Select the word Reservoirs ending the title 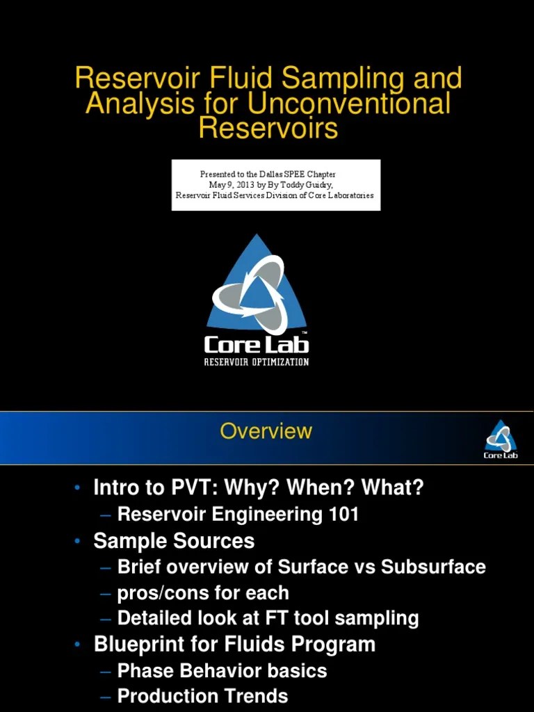coord(268,129)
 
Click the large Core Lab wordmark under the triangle coord(257,344)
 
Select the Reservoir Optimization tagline coord(257,362)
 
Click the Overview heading coord(266,431)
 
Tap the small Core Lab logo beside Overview coord(501,439)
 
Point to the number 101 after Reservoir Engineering coord(345,515)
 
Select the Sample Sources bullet coord(174,541)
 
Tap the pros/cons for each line coord(203,593)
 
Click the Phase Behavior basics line coord(222,671)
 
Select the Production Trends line coord(202,696)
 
